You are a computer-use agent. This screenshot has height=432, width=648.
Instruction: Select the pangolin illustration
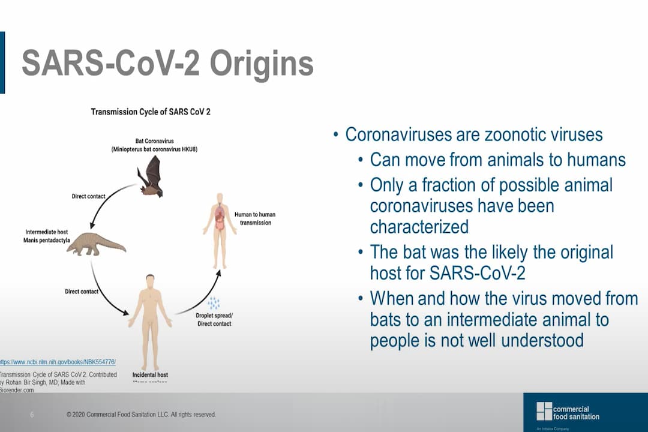pos(97,244)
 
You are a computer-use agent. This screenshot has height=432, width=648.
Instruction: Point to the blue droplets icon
pos(214,303)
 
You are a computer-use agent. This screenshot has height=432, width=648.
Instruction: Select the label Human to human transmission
pos(255,218)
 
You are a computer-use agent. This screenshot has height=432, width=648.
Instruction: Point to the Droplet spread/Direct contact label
pos(214,319)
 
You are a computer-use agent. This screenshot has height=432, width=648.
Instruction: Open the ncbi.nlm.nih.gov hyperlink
pos(58,362)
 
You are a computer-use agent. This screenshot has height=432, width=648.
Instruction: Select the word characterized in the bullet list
pos(419,227)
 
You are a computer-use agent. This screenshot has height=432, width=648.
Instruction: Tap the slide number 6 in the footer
pos(32,415)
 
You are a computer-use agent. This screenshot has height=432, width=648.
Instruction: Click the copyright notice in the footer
pos(141,415)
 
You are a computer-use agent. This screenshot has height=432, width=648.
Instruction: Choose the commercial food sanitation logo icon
pos(544,412)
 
